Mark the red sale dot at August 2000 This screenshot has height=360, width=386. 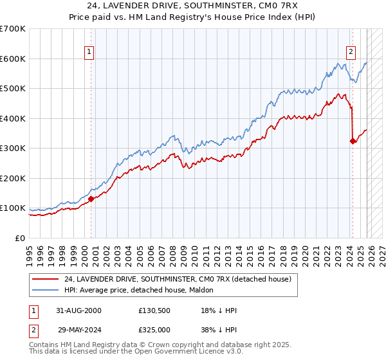point(91,199)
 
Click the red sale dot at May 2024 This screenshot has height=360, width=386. point(353,141)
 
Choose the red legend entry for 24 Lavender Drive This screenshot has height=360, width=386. point(178,279)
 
